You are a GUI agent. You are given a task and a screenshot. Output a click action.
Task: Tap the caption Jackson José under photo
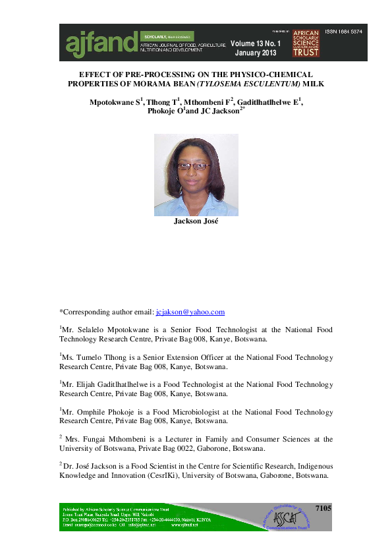click(x=196, y=221)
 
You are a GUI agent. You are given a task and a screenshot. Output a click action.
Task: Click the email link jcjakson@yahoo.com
click(x=190, y=312)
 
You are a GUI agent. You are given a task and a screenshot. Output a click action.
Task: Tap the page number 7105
click(x=323, y=509)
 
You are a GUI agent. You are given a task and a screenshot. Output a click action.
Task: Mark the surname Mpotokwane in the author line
click(x=113, y=103)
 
